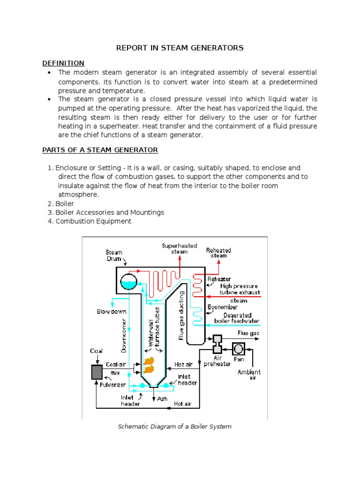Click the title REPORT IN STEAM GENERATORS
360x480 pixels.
coord(180,48)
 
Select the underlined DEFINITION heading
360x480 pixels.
coord(63,63)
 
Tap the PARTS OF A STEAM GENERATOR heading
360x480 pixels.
coord(100,150)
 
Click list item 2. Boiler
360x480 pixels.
coord(60,203)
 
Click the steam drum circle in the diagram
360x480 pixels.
coord(128,282)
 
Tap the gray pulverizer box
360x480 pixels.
coord(97,372)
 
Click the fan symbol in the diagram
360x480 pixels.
coord(239,349)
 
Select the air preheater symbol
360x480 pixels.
coord(217,345)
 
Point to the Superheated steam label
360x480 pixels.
coord(180,248)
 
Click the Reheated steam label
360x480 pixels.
coord(218,253)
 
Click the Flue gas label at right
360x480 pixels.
coord(248,333)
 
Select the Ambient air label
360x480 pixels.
coord(249,375)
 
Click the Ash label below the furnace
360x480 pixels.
coord(162,399)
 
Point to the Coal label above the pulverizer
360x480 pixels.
coord(96,351)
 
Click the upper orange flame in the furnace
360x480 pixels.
coord(149,360)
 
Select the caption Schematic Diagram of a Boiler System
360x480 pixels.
coord(174,427)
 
